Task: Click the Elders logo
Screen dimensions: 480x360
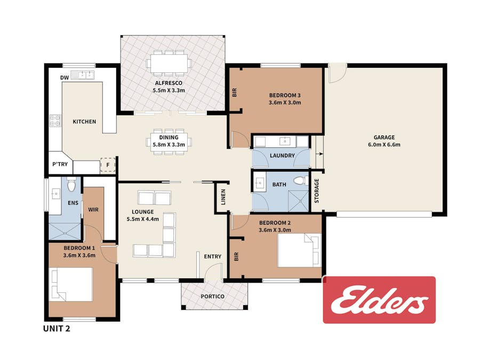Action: pyautogui.click(x=379, y=300)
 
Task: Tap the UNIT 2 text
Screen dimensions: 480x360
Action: pyautogui.click(x=57, y=329)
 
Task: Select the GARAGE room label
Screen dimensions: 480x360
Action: pyautogui.click(x=384, y=138)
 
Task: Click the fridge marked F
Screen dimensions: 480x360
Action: pyautogui.click(x=108, y=165)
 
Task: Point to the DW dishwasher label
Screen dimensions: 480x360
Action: pyautogui.click(x=65, y=78)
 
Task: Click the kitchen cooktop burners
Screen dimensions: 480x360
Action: pyautogui.click(x=55, y=121)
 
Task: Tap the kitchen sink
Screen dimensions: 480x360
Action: pyautogui.click(x=82, y=75)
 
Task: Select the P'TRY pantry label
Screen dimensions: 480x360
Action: pyautogui.click(x=60, y=164)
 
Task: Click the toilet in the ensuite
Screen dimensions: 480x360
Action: pyautogui.click(x=71, y=184)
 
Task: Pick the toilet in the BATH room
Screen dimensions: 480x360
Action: pyautogui.click(x=301, y=181)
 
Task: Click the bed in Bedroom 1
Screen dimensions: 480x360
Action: pyautogui.click(x=71, y=284)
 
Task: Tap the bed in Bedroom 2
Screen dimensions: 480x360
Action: pyautogui.click(x=299, y=251)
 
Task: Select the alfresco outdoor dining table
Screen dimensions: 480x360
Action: pyautogui.click(x=169, y=63)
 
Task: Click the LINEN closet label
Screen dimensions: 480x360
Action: pyautogui.click(x=223, y=197)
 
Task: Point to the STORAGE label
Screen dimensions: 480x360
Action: pyautogui.click(x=317, y=191)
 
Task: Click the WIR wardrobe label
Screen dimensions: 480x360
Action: pyautogui.click(x=93, y=210)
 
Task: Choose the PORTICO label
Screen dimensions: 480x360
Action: pyautogui.click(x=212, y=297)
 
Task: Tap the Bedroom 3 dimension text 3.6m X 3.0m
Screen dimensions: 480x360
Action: pyautogui.click(x=285, y=102)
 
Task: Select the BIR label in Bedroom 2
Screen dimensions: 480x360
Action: pyautogui.click(x=236, y=257)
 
